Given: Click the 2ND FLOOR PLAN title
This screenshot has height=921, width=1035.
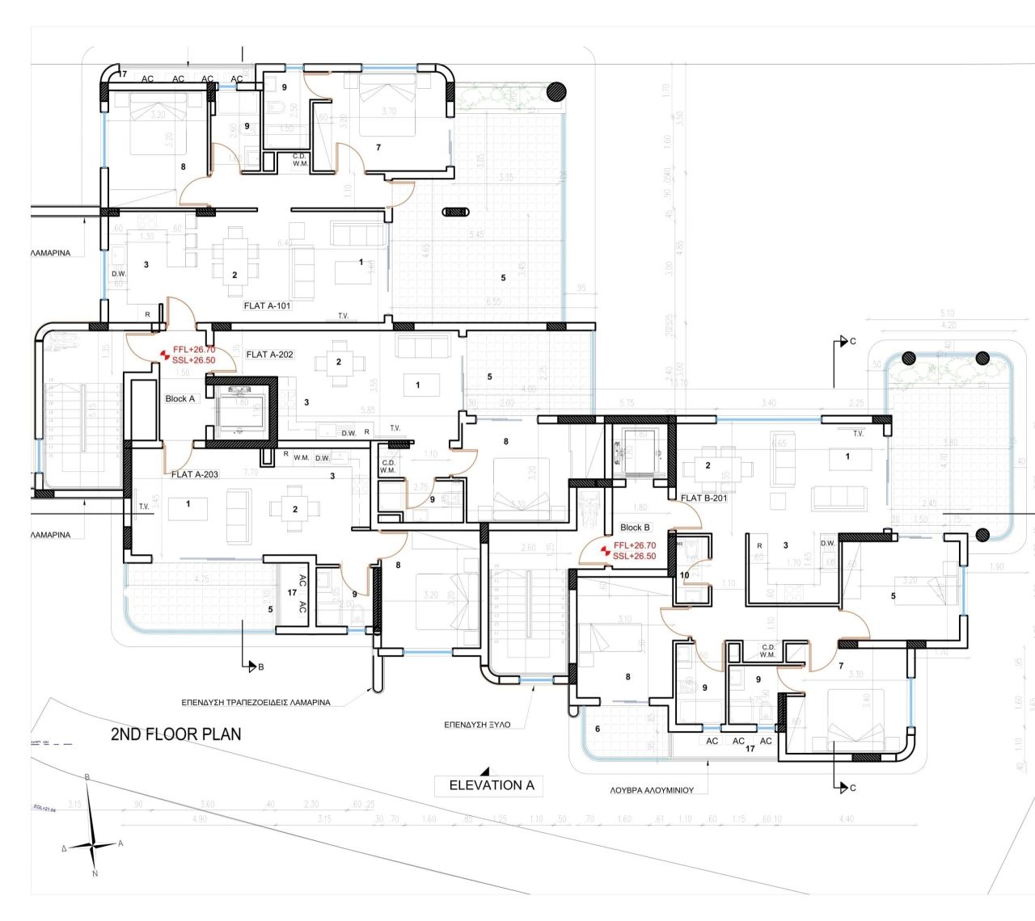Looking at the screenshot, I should pyautogui.click(x=175, y=734).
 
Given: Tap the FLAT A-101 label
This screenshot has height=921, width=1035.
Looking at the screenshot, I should pyautogui.click(x=267, y=306).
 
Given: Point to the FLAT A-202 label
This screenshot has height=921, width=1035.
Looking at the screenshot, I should pyautogui.click(x=269, y=355).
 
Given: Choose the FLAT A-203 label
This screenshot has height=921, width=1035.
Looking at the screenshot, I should pyautogui.click(x=194, y=475).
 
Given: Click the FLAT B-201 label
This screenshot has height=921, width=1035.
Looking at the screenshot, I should pyautogui.click(x=703, y=498).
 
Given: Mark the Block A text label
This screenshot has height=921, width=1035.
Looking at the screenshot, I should pyautogui.click(x=180, y=399).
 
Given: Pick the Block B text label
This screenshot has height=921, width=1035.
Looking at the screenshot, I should pyautogui.click(x=635, y=528).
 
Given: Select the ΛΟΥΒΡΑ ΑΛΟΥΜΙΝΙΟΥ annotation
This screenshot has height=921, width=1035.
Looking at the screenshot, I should pyautogui.click(x=647, y=791).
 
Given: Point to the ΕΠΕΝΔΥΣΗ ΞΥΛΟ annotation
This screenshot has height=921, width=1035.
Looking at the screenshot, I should pyautogui.click(x=477, y=725).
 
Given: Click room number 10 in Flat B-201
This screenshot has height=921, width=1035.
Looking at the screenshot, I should pyautogui.click(x=685, y=575).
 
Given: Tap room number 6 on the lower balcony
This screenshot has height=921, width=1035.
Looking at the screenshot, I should pyautogui.click(x=598, y=729).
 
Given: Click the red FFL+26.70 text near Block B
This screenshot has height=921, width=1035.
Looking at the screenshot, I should pyautogui.click(x=634, y=546).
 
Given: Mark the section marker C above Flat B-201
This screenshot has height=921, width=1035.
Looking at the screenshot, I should pyautogui.click(x=852, y=342).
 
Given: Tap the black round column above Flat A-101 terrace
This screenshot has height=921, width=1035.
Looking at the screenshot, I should pyautogui.click(x=556, y=91).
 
